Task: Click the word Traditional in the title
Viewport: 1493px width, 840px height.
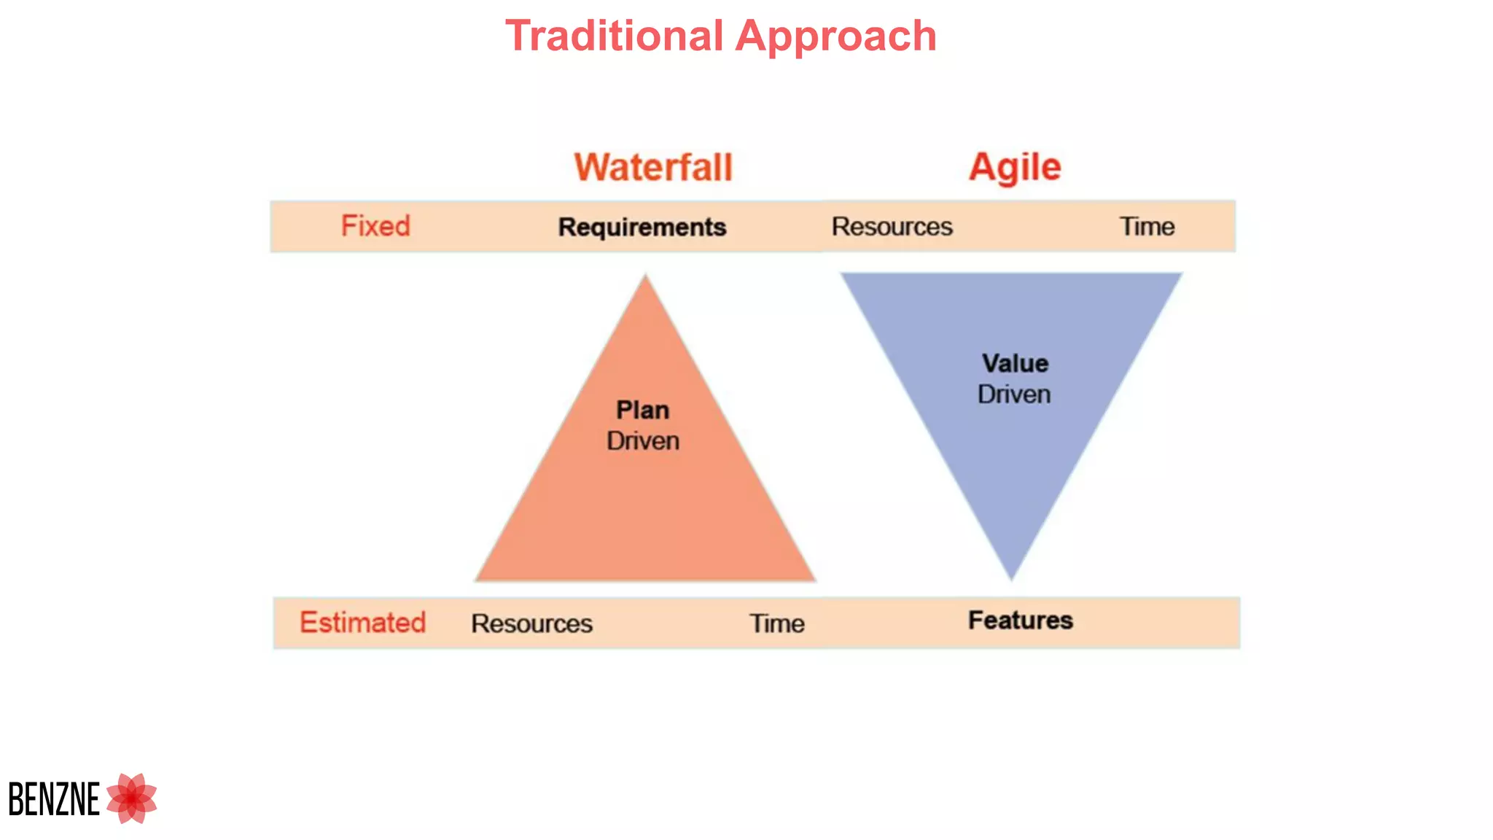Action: click(x=614, y=36)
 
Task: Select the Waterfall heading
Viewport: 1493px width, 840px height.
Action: click(x=652, y=167)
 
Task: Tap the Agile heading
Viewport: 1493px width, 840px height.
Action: click(x=1014, y=167)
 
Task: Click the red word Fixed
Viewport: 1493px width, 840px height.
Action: click(x=375, y=226)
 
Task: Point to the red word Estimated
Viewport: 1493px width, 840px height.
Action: click(x=362, y=623)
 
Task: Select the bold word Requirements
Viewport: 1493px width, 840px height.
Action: click(x=642, y=227)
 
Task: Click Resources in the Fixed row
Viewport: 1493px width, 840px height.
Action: click(x=892, y=227)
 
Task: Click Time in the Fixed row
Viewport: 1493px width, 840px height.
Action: click(x=1147, y=227)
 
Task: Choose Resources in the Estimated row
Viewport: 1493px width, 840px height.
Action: click(x=531, y=623)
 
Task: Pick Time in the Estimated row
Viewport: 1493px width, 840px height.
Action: click(x=777, y=623)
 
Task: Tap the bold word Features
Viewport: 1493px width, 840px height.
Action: click(x=1020, y=621)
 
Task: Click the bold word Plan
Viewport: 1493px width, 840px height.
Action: click(x=642, y=410)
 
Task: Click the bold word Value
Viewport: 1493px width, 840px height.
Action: click(x=1015, y=363)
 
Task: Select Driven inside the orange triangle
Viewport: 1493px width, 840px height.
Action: click(x=642, y=441)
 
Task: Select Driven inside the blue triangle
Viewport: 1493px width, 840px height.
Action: click(x=1014, y=394)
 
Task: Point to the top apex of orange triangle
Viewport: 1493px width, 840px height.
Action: click(x=645, y=278)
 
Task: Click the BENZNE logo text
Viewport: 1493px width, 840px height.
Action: click(x=54, y=799)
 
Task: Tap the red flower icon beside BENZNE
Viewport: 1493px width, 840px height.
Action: click(x=132, y=798)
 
